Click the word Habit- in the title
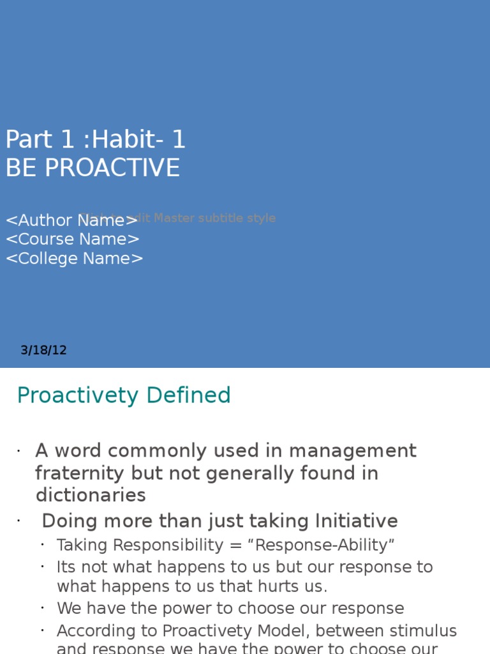pyautogui.click(x=130, y=140)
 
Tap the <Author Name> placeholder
pyautogui.click(x=71, y=220)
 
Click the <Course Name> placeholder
pyautogui.click(x=73, y=240)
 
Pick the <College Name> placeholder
pyautogui.click(x=75, y=259)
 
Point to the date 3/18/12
pyautogui.click(x=43, y=350)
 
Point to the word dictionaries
pyautogui.click(x=91, y=496)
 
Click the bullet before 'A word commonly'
pyautogui.click(x=19, y=452)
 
